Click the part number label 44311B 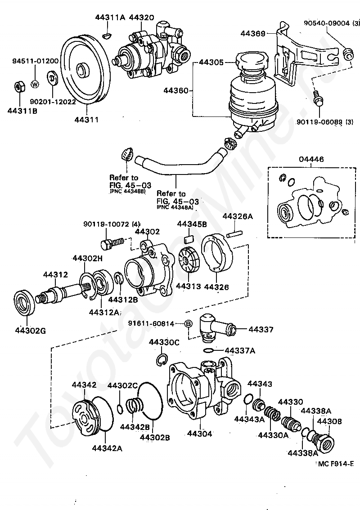tap(22, 111)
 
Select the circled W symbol tap(35, 85)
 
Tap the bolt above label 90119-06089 tap(318, 97)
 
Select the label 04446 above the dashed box tap(311, 159)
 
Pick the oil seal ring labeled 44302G tap(24, 302)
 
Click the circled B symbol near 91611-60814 tap(188, 324)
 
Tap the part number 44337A tap(240, 350)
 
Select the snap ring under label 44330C tap(162, 360)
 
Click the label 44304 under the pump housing tap(200, 434)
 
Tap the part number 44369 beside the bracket tap(253, 33)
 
